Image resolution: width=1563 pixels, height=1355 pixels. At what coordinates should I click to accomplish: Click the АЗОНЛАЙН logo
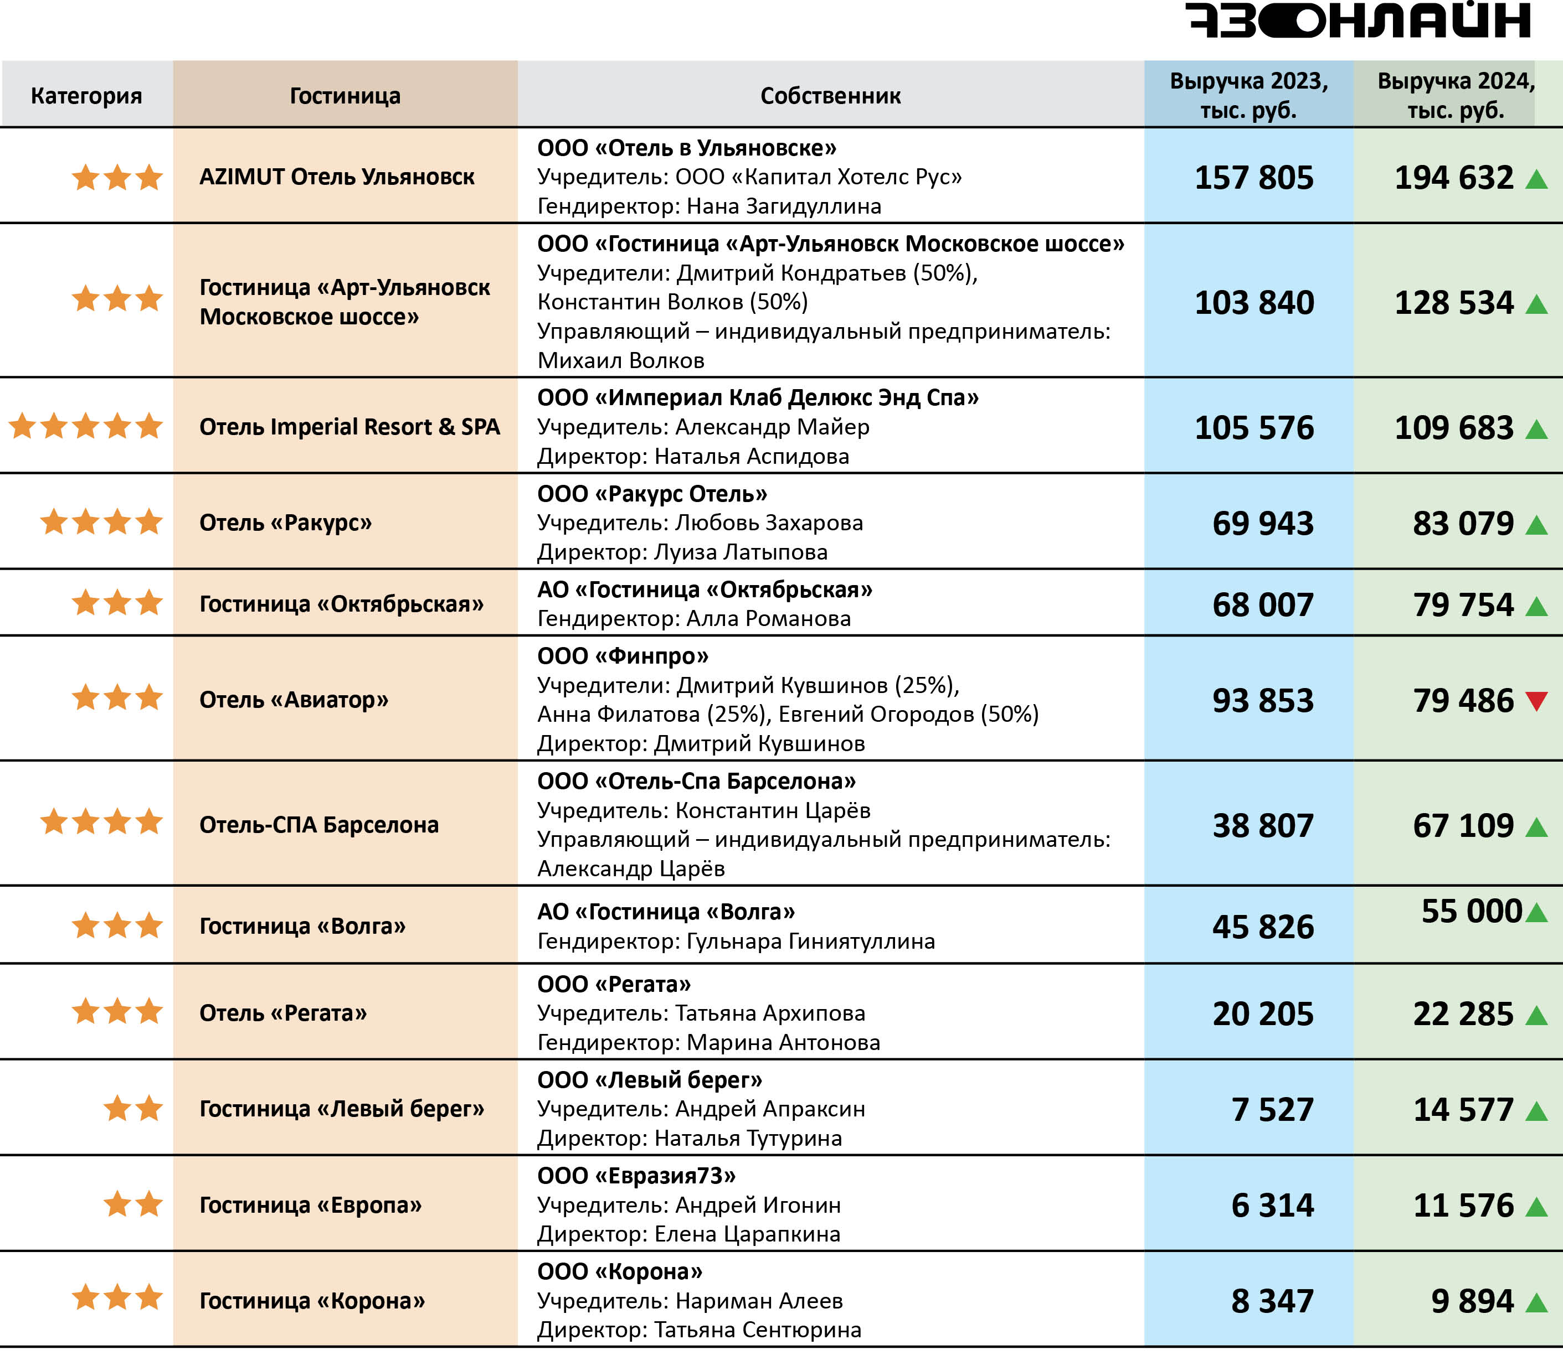pyautogui.click(x=1358, y=20)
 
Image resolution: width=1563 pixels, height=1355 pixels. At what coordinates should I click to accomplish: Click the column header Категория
pyautogui.click(x=86, y=96)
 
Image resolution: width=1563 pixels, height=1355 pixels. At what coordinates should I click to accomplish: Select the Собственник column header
pyautogui.click(x=830, y=96)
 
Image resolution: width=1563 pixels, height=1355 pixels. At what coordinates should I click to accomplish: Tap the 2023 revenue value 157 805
pyautogui.click(x=1253, y=178)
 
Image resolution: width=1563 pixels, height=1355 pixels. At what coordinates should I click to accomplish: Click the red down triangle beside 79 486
pyautogui.click(x=1536, y=701)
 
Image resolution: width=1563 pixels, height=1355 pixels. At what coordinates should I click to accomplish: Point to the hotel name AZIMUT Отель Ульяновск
pyautogui.click(x=337, y=177)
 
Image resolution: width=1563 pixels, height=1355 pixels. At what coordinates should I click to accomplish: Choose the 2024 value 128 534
pyautogui.click(x=1453, y=302)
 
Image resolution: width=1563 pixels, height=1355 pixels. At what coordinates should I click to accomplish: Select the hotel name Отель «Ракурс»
pyautogui.click(x=285, y=523)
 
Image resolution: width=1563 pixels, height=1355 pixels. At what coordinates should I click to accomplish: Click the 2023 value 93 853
pyautogui.click(x=1263, y=700)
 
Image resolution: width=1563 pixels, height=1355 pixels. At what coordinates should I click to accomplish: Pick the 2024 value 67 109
pyautogui.click(x=1463, y=825)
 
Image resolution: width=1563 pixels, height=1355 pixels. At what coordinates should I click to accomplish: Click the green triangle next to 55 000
pyautogui.click(x=1536, y=913)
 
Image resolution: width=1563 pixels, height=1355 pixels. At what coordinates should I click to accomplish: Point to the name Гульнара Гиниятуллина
pyautogui.click(x=810, y=942)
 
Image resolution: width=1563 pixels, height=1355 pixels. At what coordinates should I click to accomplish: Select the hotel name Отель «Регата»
pyautogui.click(x=283, y=1013)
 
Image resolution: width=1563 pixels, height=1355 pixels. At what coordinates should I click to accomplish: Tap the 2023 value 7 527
pyautogui.click(x=1272, y=1109)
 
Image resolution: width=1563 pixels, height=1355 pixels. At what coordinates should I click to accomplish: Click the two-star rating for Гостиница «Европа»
pyautogui.click(x=133, y=1204)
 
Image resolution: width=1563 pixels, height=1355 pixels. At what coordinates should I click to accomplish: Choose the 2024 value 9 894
pyautogui.click(x=1472, y=1301)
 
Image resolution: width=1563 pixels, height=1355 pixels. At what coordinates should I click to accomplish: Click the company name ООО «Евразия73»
pyautogui.click(x=636, y=1176)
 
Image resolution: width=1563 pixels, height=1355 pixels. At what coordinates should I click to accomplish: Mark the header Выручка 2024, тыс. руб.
pyautogui.click(x=1455, y=96)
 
